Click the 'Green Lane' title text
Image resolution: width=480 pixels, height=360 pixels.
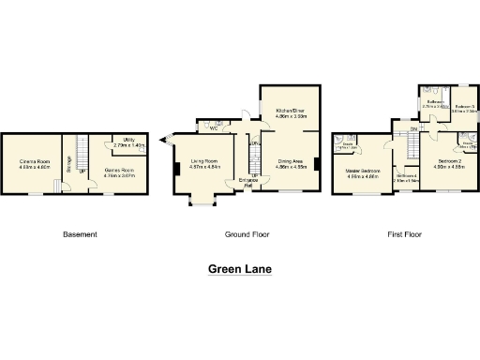(240, 270)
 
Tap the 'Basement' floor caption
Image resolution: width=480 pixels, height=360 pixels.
(80, 233)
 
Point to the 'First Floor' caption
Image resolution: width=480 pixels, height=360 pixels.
(404, 233)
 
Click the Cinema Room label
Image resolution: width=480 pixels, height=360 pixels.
(36, 164)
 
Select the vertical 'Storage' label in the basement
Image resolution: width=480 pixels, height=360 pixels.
(68, 165)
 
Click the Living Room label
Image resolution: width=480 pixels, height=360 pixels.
(205, 163)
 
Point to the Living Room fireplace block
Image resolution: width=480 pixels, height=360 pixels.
(175, 169)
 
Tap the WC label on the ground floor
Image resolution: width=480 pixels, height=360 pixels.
(215, 128)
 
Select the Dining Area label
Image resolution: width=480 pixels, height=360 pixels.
(291, 164)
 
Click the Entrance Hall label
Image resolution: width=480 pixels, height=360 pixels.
(250, 182)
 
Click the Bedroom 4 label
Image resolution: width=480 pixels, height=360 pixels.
(406, 176)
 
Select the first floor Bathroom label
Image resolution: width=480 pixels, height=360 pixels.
(433, 103)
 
